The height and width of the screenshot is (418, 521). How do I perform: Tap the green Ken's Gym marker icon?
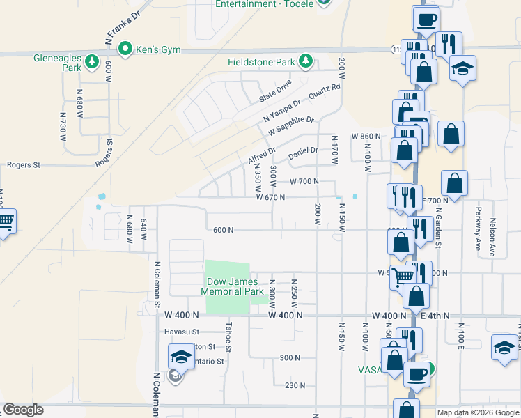coord(125,49)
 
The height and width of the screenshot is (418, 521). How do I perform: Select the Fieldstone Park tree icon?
coord(305,62)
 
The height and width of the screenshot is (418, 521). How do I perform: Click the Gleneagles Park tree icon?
coord(91,63)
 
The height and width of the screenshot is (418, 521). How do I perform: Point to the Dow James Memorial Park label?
coord(234,286)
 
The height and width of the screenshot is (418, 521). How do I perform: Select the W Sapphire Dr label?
coord(291,126)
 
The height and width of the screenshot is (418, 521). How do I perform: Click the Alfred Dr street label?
coord(262,155)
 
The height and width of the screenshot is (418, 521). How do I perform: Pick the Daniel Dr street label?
coord(303,150)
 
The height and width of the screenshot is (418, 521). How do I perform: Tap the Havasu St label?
coord(182,332)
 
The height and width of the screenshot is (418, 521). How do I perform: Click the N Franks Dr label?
coord(123,24)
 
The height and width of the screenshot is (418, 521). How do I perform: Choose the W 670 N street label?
coord(272,197)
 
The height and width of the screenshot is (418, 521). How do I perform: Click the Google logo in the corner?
coord(23,410)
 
